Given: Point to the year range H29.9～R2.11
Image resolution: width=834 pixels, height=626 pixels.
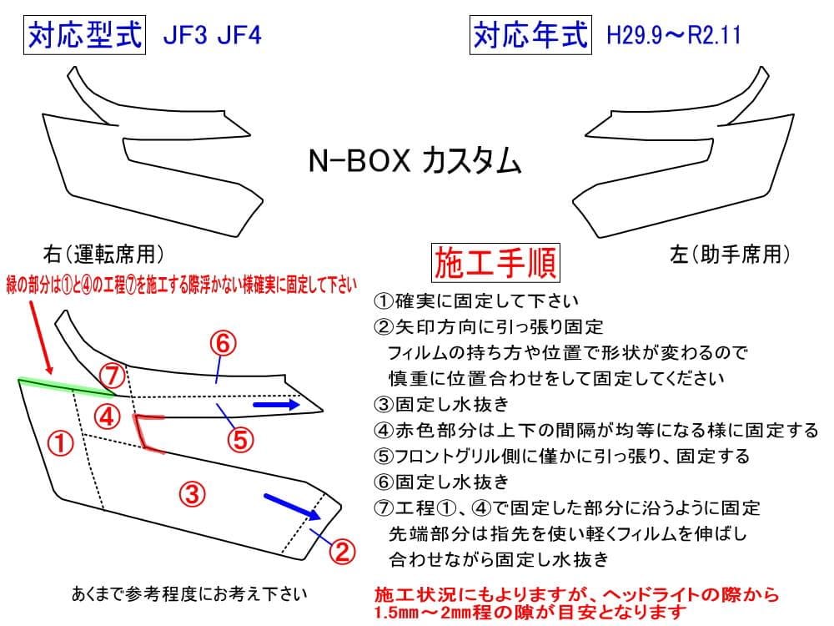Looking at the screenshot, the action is point(674,38).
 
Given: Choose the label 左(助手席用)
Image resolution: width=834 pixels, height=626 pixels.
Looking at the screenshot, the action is point(729,253).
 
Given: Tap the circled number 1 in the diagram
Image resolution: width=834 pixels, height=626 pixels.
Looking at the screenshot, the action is point(64,442).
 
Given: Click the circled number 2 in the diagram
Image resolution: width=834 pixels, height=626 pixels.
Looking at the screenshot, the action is point(342,550).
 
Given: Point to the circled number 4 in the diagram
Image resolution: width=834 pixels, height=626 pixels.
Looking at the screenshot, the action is point(106,415).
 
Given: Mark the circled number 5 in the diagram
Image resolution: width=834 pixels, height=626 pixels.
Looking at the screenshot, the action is point(240,438).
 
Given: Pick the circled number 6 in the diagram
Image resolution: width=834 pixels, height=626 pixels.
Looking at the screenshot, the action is point(224,342).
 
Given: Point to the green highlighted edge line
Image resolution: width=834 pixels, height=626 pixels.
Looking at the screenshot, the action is point(67,385).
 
